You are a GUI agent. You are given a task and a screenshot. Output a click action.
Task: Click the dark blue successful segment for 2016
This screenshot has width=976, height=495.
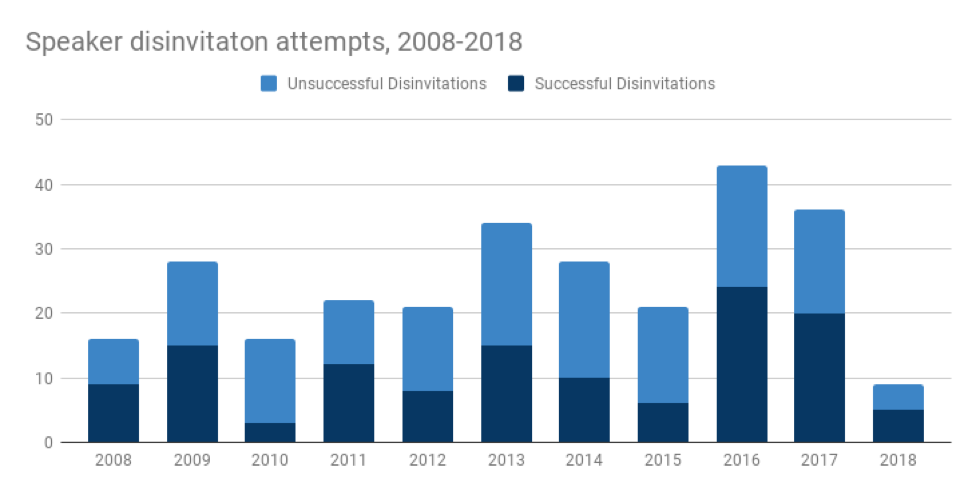pos(742,365)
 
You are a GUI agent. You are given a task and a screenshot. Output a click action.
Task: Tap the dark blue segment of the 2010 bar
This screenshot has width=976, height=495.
pos(270,432)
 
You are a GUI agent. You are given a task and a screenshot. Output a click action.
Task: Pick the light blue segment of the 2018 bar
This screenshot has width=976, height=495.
pos(899,397)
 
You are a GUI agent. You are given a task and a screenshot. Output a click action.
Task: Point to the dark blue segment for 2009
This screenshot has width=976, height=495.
pos(192,394)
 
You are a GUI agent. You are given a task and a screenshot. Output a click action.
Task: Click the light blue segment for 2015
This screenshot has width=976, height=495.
pos(663,355)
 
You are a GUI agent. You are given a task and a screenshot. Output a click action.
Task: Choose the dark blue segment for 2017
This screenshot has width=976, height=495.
pos(820,378)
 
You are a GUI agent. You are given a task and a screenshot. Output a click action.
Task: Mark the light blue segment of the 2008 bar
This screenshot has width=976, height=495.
pos(113,362)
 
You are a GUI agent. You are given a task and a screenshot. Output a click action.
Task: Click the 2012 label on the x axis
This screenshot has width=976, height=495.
pos(427,461)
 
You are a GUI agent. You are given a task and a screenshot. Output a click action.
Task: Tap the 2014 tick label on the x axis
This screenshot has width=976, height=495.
pos(585,461)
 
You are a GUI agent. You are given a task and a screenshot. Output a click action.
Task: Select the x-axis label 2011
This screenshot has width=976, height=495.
pos(349,461)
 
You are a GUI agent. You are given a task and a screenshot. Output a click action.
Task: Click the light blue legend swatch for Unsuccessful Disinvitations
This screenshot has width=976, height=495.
pos(269,84)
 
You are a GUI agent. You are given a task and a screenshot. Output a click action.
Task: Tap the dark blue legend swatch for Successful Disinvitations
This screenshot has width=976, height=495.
pos(516,84)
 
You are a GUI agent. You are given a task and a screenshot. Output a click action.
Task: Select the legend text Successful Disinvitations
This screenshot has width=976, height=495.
pos(625,84)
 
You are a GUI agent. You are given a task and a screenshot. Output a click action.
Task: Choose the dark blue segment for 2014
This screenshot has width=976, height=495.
pos(585,410)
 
